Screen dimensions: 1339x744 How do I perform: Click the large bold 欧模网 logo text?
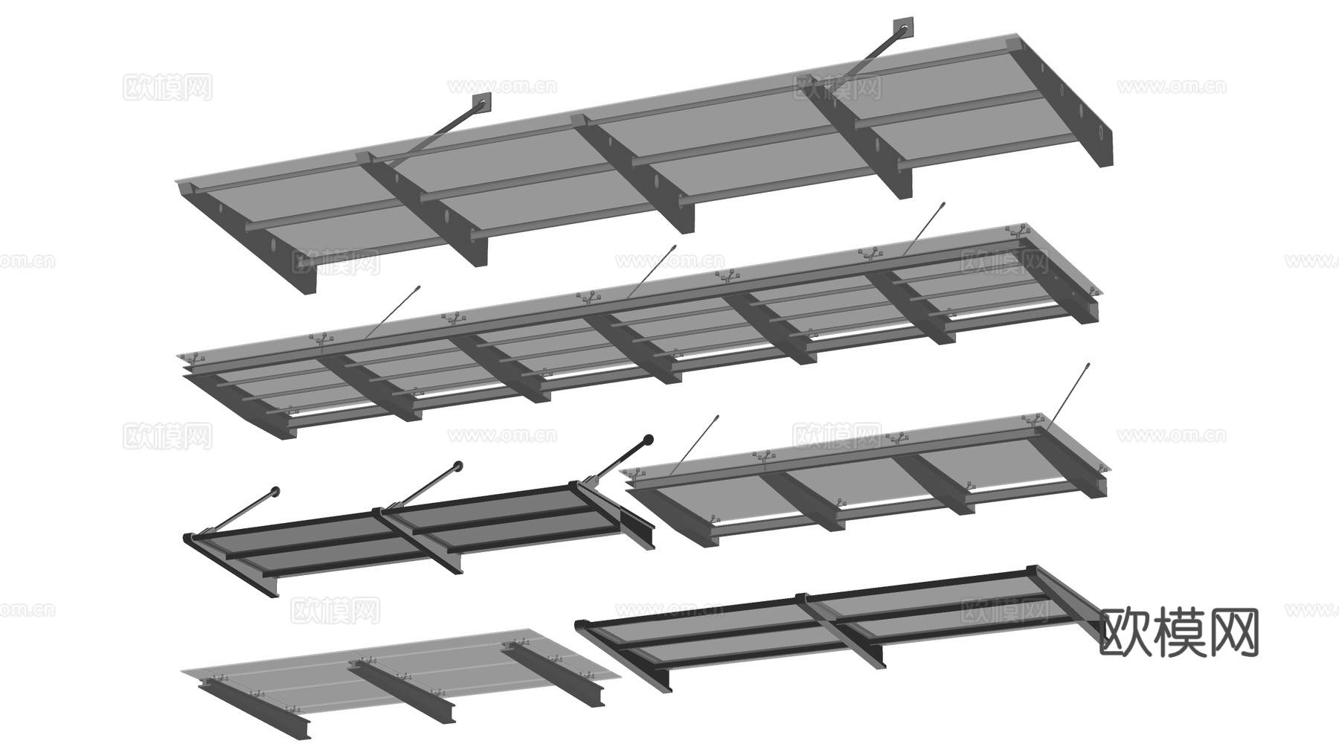1178,632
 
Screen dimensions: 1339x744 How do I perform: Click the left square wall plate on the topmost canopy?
481,103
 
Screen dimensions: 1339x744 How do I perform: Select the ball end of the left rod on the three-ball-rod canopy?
275,491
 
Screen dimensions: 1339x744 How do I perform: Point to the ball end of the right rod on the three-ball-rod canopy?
648,440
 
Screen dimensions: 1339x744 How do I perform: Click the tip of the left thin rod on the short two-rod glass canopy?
717,417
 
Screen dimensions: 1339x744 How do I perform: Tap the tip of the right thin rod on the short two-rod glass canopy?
1088,365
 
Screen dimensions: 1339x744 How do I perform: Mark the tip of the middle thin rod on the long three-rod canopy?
673,247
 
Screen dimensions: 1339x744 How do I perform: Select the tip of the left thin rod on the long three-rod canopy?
419,286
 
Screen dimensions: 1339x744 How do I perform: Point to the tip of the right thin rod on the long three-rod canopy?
943,203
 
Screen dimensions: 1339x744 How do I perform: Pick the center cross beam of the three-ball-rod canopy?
423,541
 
